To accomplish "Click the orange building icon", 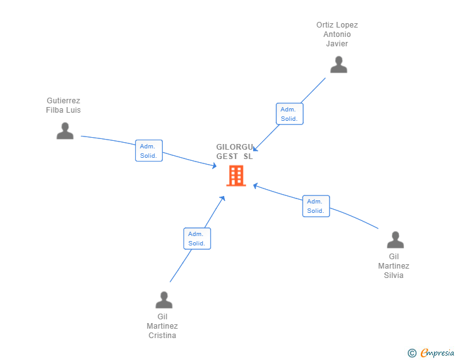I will click(x=236, y=176).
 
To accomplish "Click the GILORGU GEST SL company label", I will click(x=235, y=152).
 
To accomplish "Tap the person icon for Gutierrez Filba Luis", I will click(x=65, y=131).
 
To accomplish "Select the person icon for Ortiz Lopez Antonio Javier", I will click(x=339, y=64).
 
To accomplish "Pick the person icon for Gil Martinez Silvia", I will click(x=395, y=240).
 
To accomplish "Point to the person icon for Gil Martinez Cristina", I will click(x=163, y=300).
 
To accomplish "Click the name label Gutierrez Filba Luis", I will click(x=63, y=105).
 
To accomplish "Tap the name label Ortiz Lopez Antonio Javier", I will click(x=337, y=34).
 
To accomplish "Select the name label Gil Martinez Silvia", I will click(x=394, y=266).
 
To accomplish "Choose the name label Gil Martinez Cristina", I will click(x=162, y=326).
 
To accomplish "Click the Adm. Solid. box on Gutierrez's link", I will click(x=149, y=151).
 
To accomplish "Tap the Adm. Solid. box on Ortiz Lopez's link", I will click(x=289, y=114).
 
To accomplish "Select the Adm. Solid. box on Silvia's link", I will click(x=316, y=206).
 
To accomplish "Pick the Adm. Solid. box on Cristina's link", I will click(x=197, y=239).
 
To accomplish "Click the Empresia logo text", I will click(x=437, y=353).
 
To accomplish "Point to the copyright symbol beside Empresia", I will click(x=412, y=353).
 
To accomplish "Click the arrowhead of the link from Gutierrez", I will click(x=215, y=166).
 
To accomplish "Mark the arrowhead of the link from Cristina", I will click(x=223, y=198).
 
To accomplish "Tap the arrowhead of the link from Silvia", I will click(x=255, y=185).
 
